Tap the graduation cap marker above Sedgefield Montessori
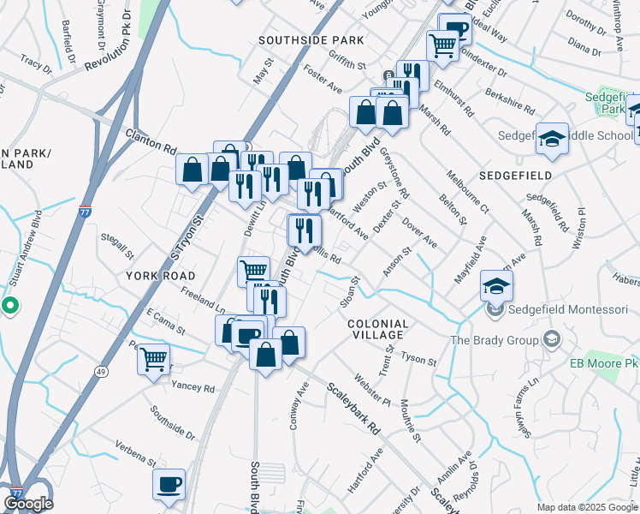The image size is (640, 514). (x=495, y=284)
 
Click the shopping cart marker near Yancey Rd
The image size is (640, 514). (x=154, y=359)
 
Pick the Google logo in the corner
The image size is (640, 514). (x=29, y=503)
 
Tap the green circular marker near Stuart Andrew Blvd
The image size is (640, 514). (x=9, y=304)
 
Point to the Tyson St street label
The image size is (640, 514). (x=419, y=359)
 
